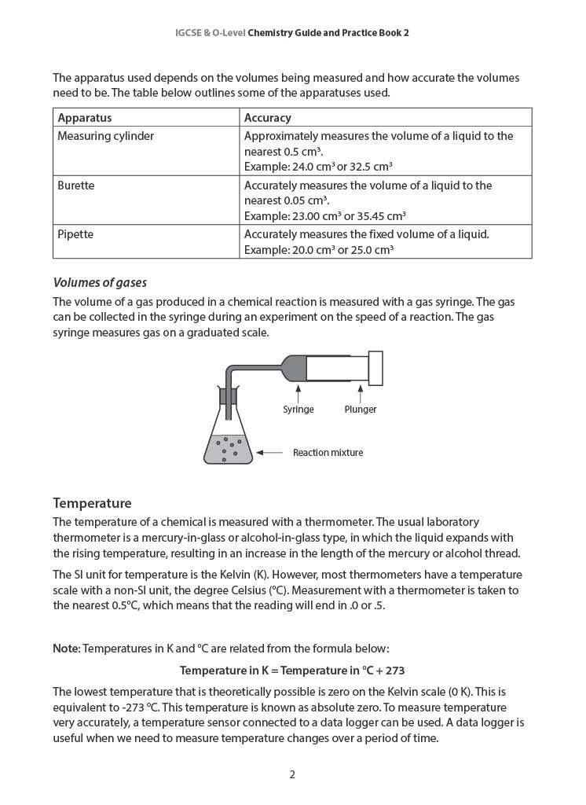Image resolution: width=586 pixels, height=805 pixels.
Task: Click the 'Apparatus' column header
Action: (x=85, y=118)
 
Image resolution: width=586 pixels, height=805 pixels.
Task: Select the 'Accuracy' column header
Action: (x=268, y=118)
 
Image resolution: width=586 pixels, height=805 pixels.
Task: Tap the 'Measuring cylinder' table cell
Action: (x=106, y=136)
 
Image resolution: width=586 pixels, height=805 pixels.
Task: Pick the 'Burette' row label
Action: (x=76, y=186)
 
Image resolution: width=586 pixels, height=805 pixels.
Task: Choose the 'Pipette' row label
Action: (x=76, y=234)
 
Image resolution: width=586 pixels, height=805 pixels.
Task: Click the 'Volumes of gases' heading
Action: (x=100, y=283)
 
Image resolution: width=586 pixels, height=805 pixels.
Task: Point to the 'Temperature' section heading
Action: (x=92, y=503)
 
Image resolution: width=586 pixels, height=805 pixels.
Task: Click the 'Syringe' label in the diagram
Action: (x=298, y=410)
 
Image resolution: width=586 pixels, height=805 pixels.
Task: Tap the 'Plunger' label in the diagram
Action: (x=360, y=410)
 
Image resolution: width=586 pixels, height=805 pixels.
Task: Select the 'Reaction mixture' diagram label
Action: (x=328, y=453)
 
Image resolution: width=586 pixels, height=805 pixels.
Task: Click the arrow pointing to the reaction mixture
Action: (x=269, y=453)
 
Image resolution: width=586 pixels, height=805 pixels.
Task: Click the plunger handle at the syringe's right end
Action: (x=375, y=368)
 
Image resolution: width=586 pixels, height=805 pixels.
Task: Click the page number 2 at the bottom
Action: (x=292, y=774)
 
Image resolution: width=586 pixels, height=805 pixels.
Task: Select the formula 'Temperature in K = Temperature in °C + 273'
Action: (x=292, y=671)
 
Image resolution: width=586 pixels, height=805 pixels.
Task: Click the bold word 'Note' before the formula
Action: (x=65, y=649)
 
